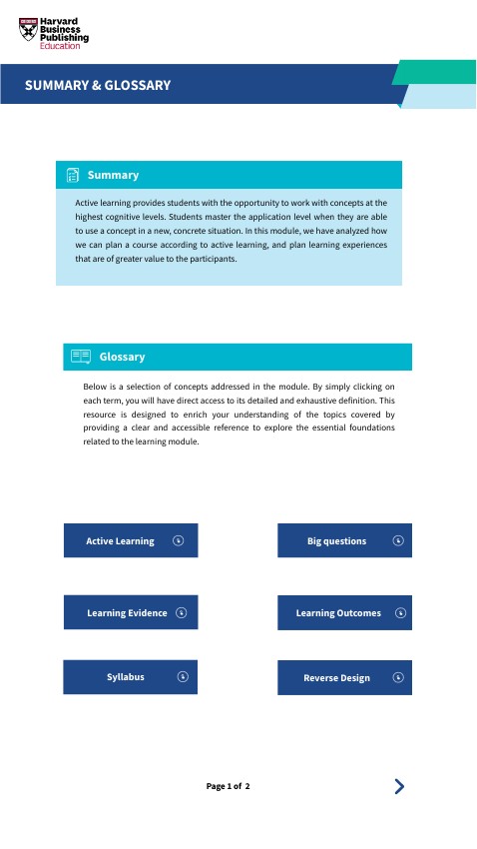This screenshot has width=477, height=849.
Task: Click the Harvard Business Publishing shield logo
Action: click(29, 30)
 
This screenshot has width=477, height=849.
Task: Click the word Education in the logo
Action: click(60, 46)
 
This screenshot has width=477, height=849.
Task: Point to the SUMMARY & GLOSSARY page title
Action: click(98, 86)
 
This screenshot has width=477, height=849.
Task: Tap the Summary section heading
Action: click(113, 176)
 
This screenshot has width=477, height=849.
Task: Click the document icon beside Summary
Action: click(73, 176)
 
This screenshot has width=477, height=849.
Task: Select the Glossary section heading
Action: click(122, 357)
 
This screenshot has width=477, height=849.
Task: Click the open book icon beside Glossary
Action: click(81, 357)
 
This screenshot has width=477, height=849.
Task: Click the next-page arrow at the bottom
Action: click(399, 786)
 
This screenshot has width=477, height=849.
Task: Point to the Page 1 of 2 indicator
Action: click(229, 787)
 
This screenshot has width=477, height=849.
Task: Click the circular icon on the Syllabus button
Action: click(184, 676)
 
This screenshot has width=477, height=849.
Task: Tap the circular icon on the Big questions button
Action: click(398, 540)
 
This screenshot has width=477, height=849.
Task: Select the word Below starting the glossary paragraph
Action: click(96, 386)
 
